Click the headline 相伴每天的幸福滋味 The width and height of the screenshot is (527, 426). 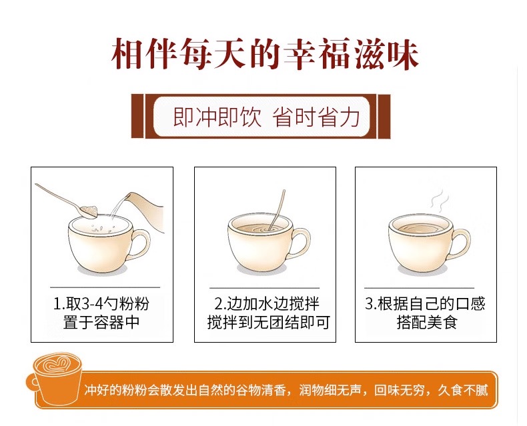click(x=266, y=55)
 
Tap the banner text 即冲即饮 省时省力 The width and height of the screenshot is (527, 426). click(x=267, y=117)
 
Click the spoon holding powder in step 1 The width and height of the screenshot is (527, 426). click(x=67, y=201)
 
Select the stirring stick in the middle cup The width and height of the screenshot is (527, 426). click(x=277, y=210)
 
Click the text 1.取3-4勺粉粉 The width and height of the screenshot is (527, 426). click(x=101, y=304)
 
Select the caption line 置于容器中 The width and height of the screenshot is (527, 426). click(x=101, y=322)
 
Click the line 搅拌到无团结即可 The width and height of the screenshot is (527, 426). click(x=268, y=322)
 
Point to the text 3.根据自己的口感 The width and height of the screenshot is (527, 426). click(x=425, y=304)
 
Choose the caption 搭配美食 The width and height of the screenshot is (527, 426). click(x=427, y=322)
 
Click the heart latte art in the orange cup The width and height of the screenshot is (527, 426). click(x=57, y=363)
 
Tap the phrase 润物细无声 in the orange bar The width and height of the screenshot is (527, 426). click(x=330, y=391)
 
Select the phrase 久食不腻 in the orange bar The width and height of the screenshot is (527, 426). click(x=462, y=391)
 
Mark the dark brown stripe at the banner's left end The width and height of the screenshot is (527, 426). click(x=137, y=116)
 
